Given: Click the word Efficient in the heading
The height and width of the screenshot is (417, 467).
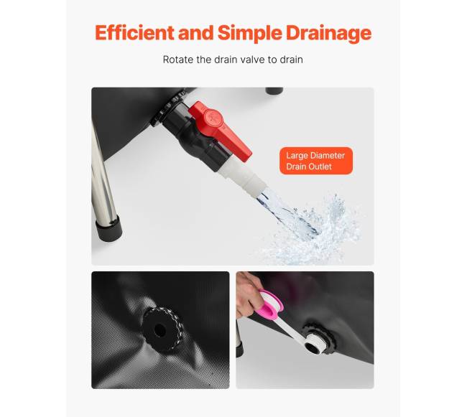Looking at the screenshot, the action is (x=134, y=32).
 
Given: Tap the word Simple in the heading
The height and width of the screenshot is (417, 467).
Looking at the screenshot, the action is (x=249, y=33).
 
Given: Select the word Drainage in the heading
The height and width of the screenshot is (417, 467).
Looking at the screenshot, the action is (x=329, y=33).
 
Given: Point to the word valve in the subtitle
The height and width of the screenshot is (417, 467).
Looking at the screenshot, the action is (x=253, y=60).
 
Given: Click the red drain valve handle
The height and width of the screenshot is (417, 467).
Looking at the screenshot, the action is (x=221, y=128).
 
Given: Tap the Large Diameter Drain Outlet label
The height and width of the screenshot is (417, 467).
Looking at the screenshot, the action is (x=316, y=161).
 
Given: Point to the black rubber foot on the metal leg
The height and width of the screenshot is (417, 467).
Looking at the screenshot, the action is (x=109, y=229).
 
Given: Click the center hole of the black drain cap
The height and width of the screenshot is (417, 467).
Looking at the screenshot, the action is (x=160, y=330).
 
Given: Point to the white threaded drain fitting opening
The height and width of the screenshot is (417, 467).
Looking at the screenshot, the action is (x=312, y=344).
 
